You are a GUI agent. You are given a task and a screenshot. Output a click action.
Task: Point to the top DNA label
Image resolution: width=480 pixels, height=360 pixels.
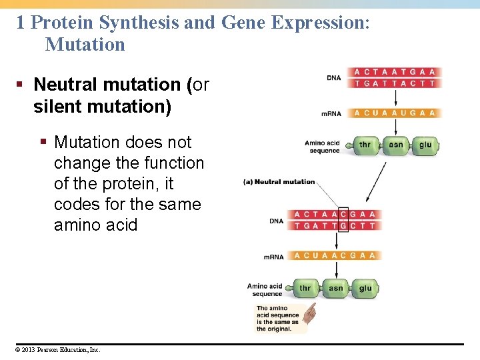point(333,78)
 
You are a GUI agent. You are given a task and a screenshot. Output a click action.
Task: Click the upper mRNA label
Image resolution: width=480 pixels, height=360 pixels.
point(331,113)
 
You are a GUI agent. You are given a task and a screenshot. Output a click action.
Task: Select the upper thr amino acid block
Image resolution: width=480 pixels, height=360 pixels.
point(365,145)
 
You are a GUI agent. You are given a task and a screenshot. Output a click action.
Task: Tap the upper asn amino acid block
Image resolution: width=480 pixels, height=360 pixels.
point(395,145)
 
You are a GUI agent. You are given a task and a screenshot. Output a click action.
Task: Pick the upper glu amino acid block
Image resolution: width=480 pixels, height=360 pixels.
point(425,145)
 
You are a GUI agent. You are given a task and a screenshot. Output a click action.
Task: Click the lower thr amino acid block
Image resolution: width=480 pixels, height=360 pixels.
point(305,289)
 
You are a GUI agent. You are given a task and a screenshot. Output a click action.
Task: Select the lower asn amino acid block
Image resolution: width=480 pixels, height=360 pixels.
point(335,289)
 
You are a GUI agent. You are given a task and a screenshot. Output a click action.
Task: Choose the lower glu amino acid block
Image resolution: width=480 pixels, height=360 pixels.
point(365,289)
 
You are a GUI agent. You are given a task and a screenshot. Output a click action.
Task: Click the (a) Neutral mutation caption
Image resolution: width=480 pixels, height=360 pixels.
point(279,181)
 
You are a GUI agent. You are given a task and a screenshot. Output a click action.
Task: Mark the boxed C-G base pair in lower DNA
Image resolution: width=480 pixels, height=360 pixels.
point(343,219)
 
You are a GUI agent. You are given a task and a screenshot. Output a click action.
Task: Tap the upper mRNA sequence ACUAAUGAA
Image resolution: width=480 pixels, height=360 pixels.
point(395,113)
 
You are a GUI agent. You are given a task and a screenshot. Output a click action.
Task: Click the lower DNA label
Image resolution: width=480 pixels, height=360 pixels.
point(276,221)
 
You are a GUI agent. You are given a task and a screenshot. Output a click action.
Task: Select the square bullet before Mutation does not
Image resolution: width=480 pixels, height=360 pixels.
point(43,142)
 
